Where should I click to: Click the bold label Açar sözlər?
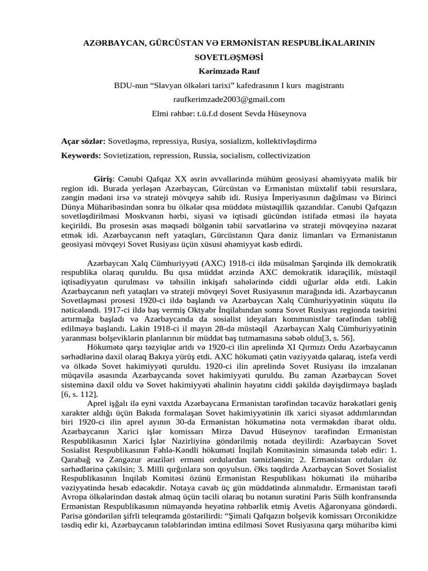tap(83, 142)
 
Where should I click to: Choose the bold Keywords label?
tap(81, 156)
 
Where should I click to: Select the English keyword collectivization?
tap(282, 156)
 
